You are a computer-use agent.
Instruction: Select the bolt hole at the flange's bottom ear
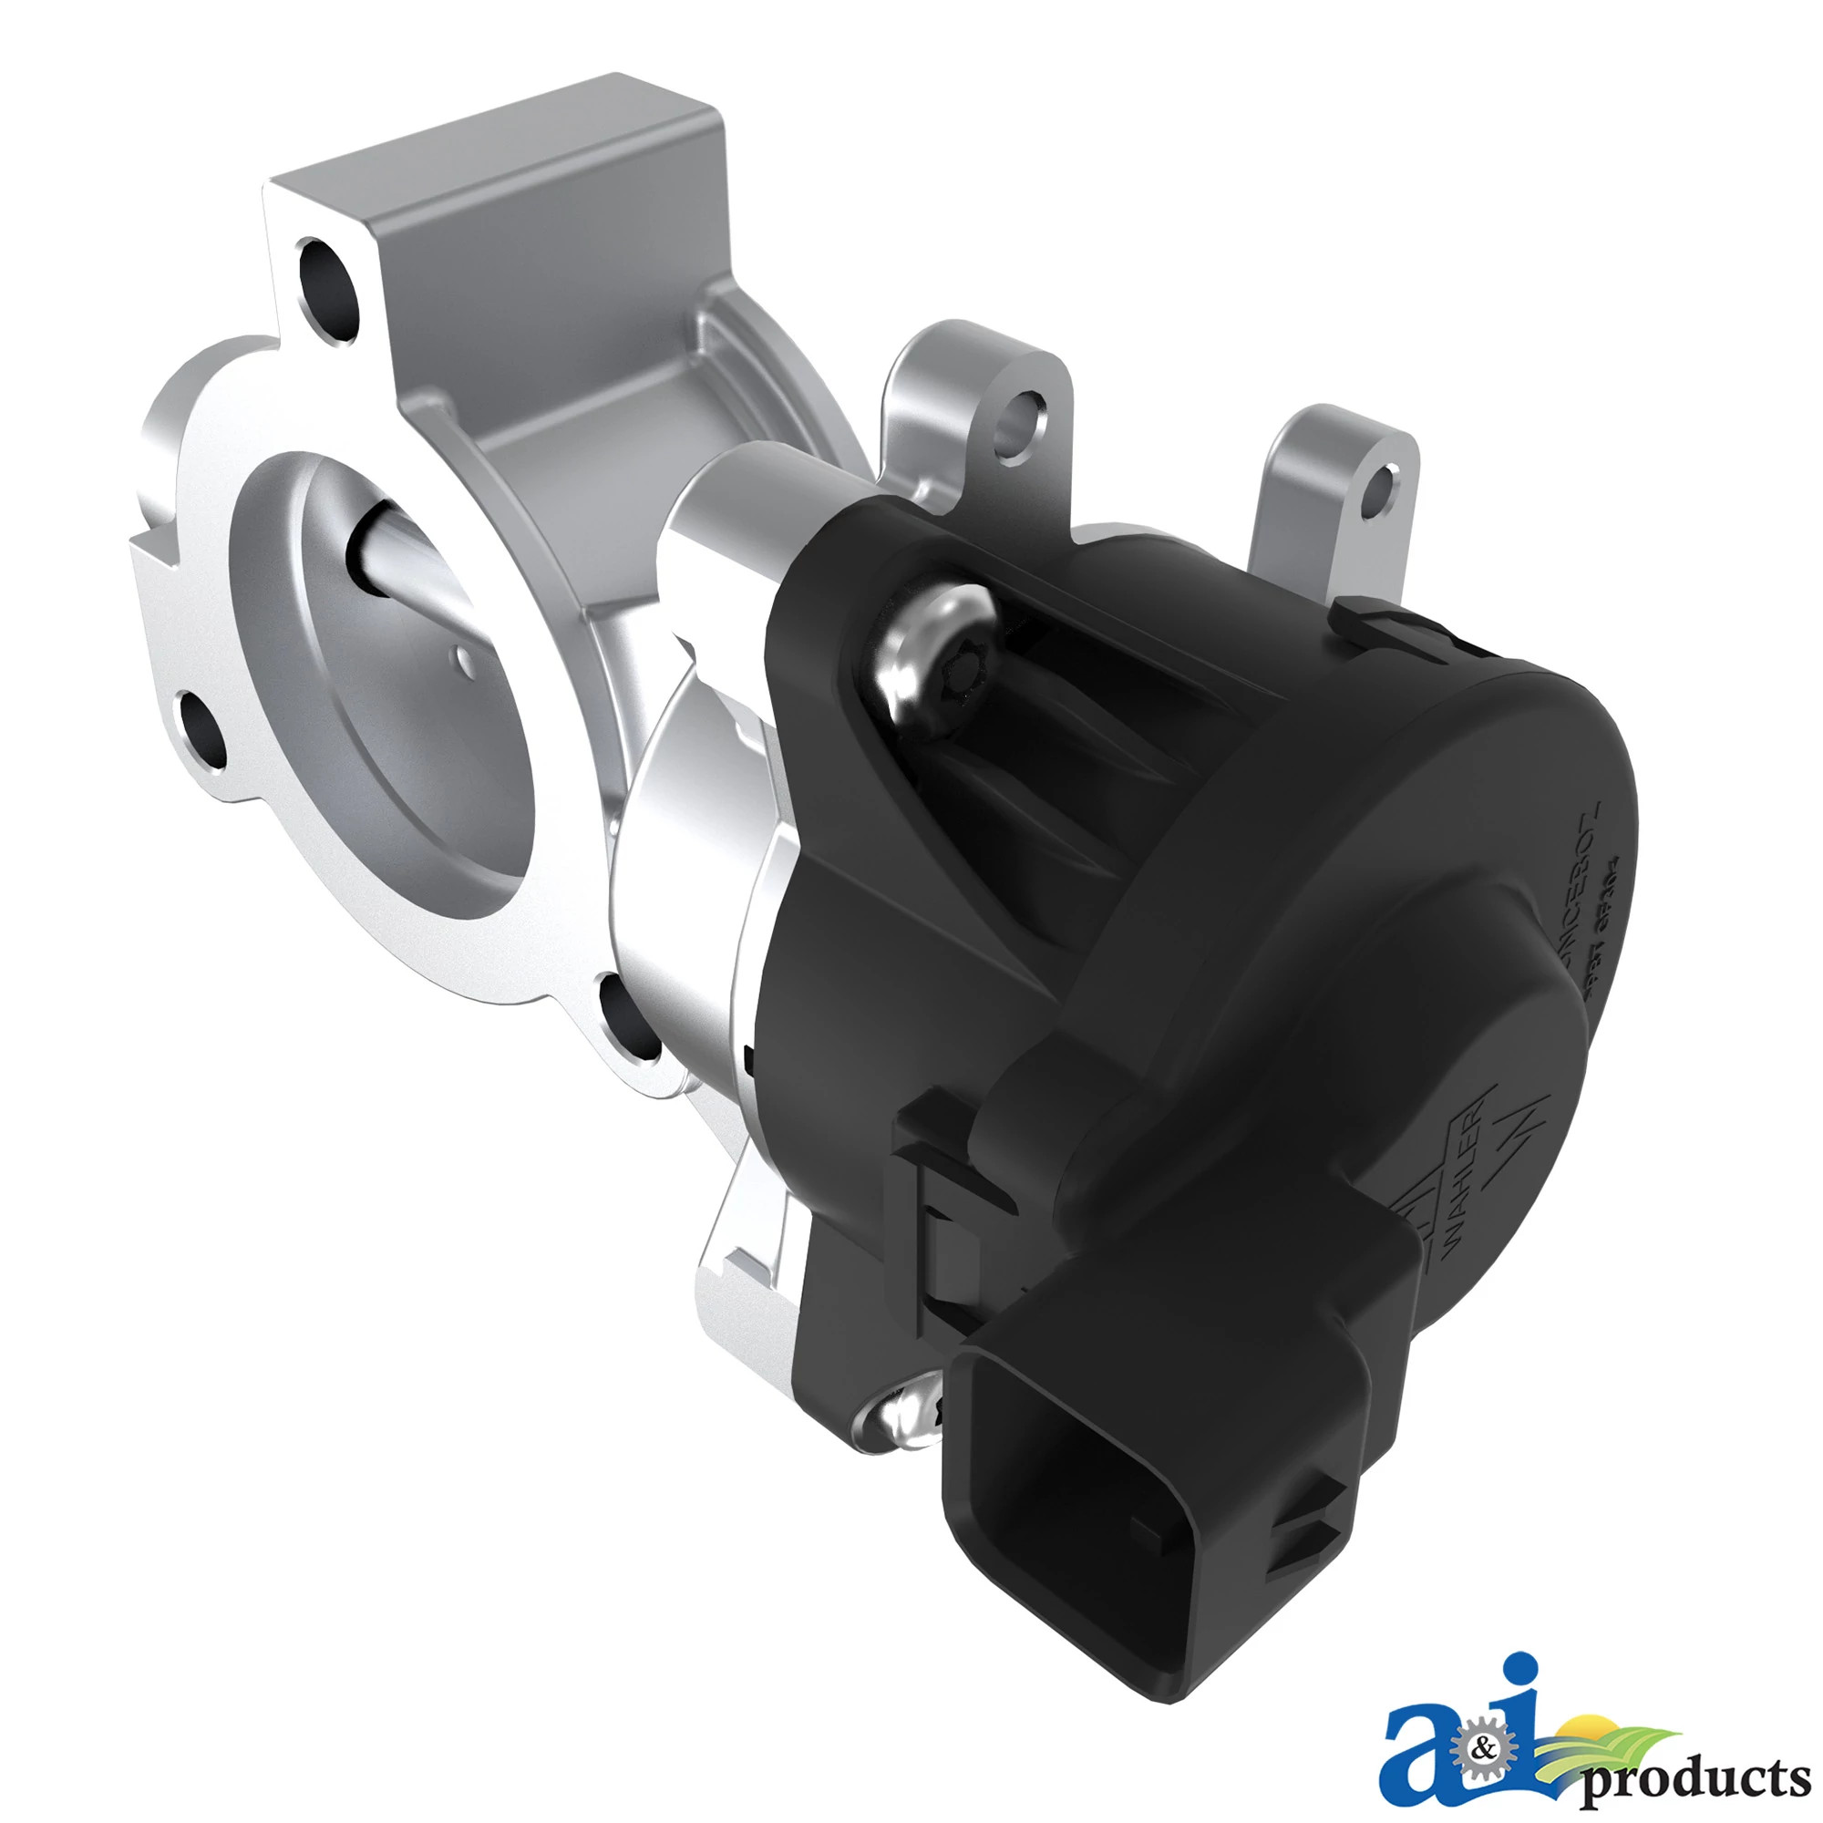click(x=631, y=1019)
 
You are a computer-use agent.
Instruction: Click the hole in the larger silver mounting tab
click(x=1021, y=423)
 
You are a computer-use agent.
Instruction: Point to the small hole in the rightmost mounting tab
click(x=1378, y=490)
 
